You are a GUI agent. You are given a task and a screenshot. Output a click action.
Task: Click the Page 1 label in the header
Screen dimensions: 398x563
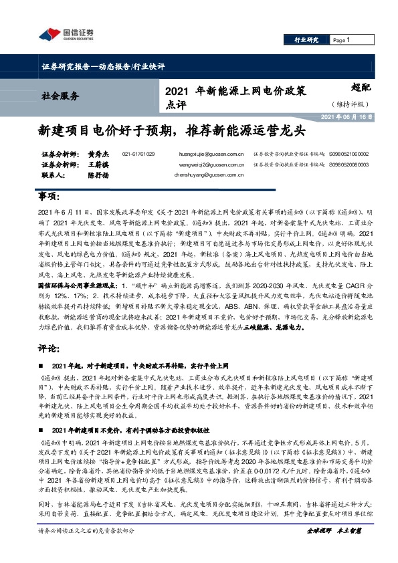click(342, 40)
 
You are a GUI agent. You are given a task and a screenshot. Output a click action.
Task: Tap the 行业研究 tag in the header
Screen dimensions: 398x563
click(307, 40)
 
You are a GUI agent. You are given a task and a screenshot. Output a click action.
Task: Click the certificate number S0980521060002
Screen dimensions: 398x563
click(349, 154)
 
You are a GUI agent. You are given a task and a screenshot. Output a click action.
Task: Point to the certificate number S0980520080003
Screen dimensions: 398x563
click(349, 164)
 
